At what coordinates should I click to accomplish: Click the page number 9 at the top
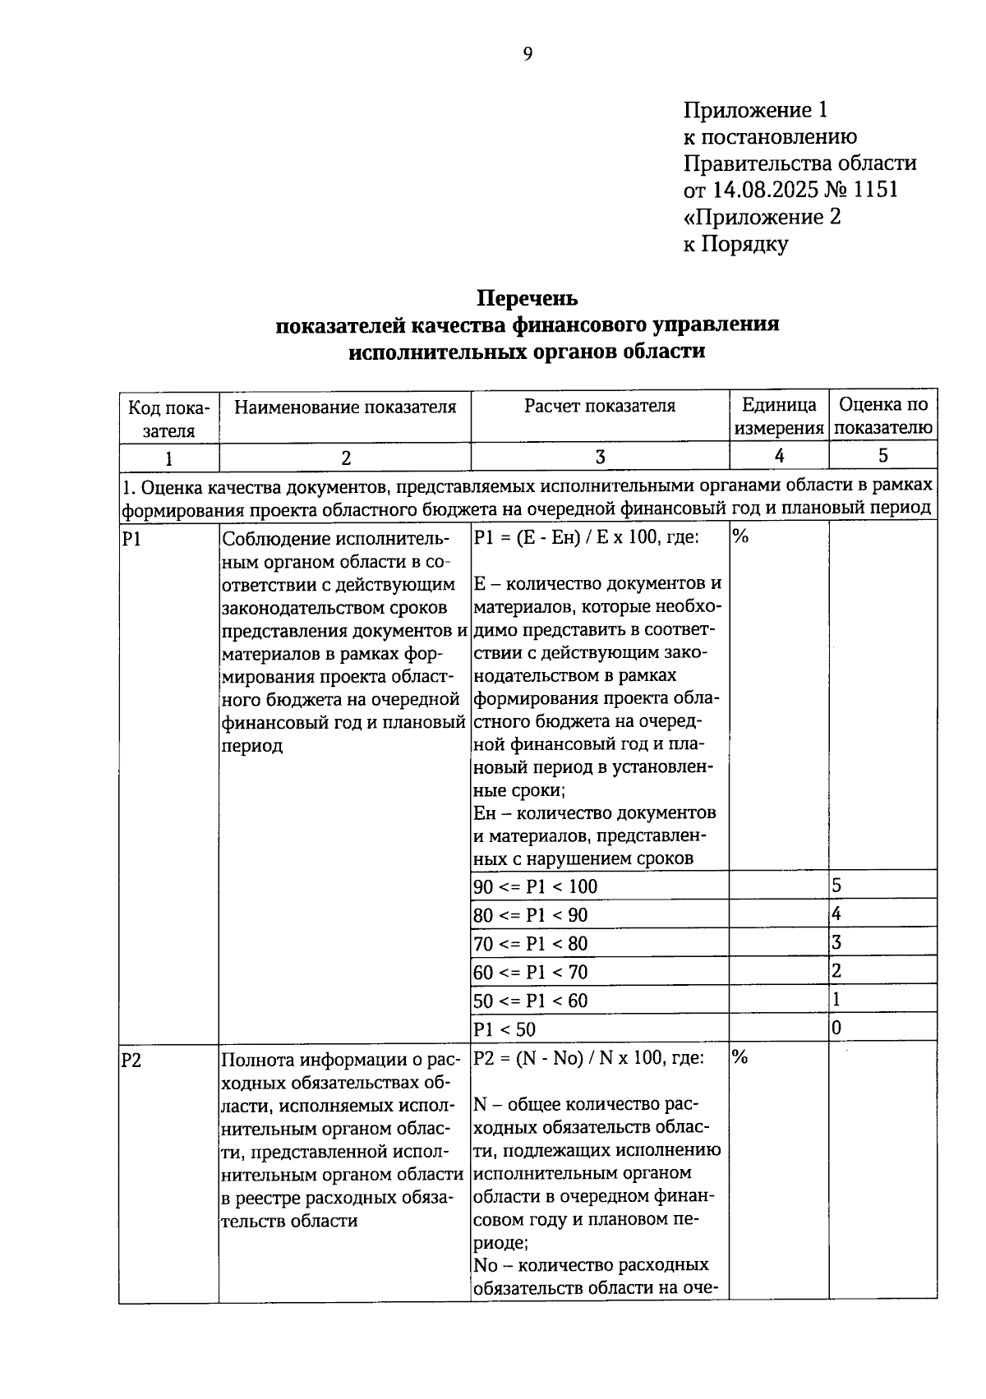[x=528, y=54]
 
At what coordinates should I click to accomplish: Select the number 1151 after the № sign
[x=876, y=190]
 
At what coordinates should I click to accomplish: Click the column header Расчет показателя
[x=600, y=406]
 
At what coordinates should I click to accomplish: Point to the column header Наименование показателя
[x=345, y=407]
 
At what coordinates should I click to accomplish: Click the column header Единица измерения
[x=779, y=416]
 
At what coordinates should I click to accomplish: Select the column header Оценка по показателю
[x=883, y=416]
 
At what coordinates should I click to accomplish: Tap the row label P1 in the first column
[x=131, y=539]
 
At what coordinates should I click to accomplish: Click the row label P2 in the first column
[x=131, y=1060]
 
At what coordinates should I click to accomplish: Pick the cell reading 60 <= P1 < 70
[x=531, y=972]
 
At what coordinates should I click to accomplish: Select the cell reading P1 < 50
[x=505, y=1029]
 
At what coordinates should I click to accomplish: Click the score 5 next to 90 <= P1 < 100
[x=836, y=886]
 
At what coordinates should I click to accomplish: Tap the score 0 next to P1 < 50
[x=836, y=1028]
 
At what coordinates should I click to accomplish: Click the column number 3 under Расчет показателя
[x=600, y=458]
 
